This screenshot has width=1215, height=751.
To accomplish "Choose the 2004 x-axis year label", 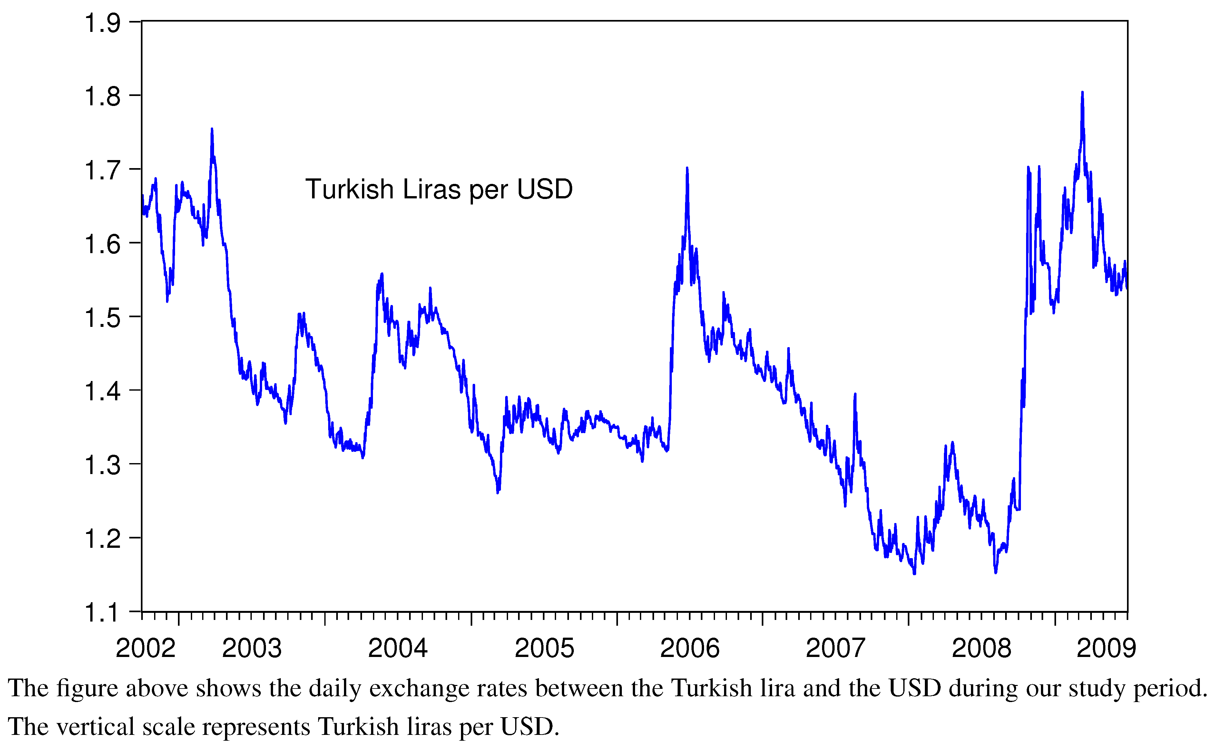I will coord(398,648).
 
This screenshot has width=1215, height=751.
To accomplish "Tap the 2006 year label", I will coord(690,648).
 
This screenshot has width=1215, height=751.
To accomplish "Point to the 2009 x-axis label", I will coord(1106,648).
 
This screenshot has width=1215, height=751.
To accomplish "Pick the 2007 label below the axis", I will coord(835,648).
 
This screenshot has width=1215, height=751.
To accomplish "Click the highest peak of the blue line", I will coord(1082,93).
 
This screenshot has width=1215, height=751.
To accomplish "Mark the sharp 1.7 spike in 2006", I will coord(687,169).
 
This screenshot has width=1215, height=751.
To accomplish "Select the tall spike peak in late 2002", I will coord(212,130).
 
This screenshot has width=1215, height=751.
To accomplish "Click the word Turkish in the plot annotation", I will coord(349,189).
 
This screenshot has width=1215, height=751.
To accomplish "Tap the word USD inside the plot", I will coord(545,189).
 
